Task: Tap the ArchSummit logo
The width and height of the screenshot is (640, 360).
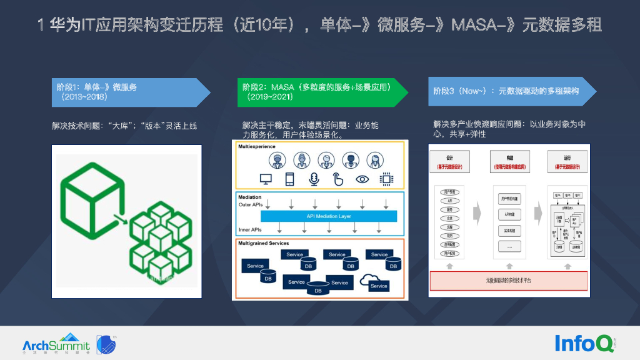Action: click(56, 344)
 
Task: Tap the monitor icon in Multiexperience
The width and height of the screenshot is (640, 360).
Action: click(266, 179)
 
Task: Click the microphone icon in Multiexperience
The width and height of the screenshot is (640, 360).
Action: click(314, 179)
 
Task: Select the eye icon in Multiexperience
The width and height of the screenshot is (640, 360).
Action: click(362, 179)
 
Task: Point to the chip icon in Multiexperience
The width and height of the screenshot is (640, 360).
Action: click(386, 179)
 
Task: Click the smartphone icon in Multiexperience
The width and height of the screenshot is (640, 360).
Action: click(289, 179)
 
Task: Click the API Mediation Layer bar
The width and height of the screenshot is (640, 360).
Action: click(328, 216)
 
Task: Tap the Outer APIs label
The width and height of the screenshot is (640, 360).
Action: click(250, 205)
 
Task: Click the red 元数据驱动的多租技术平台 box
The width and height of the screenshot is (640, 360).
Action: click(508, 281)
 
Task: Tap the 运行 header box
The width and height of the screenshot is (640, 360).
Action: click(567, 161)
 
